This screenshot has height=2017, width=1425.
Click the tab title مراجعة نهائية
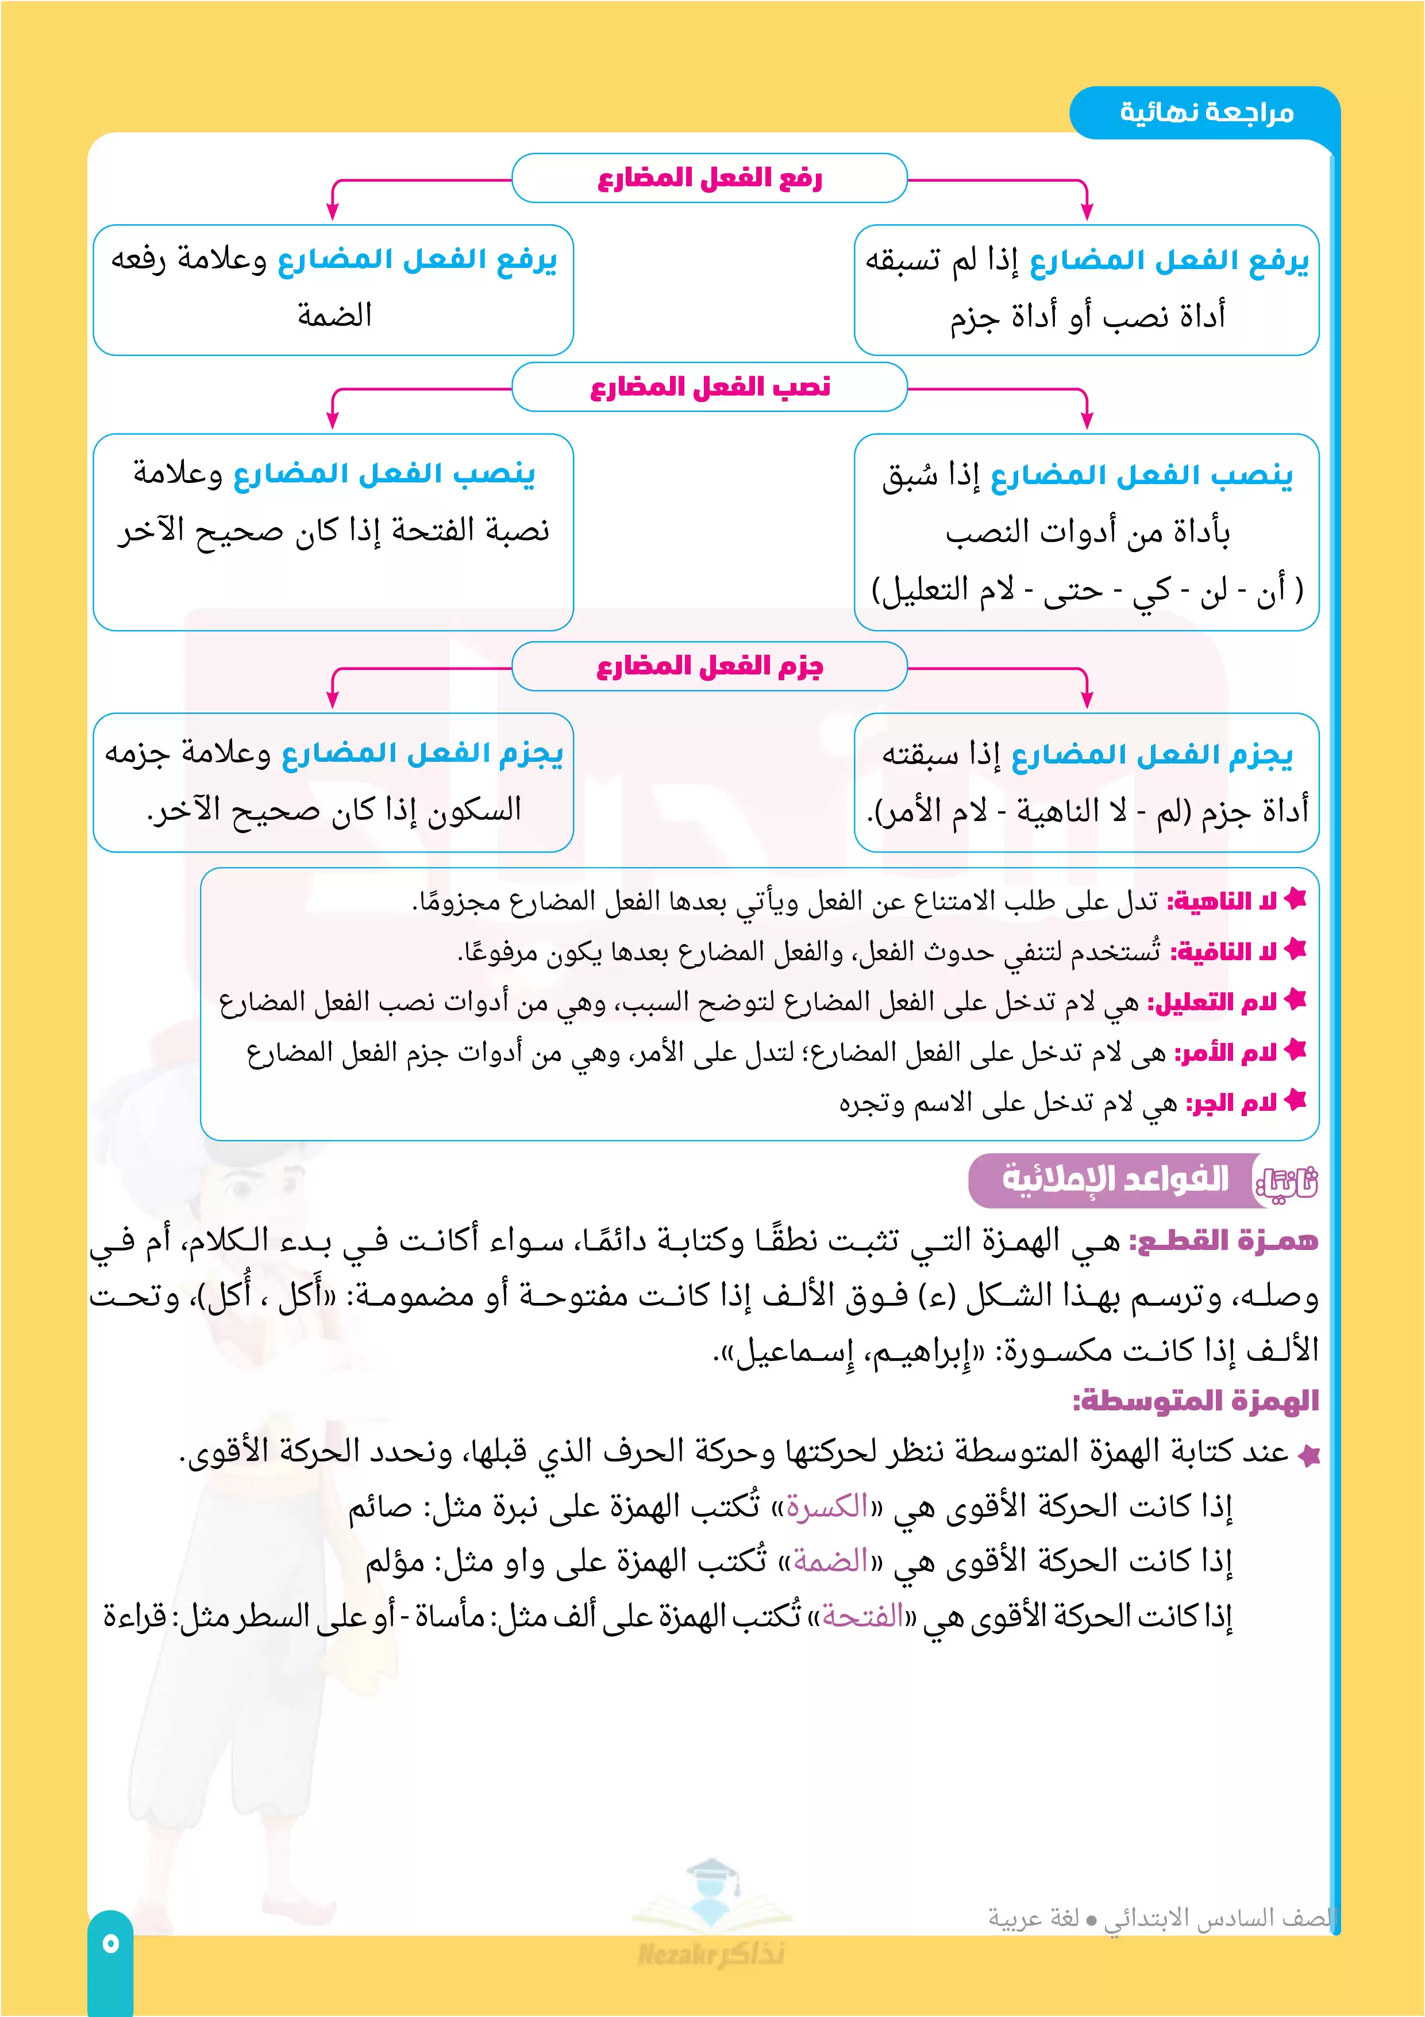(1207, 113)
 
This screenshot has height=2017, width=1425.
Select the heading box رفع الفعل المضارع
(710, 178)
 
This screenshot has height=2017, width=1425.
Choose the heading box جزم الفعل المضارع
(710, 666)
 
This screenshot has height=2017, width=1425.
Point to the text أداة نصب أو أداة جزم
(1087, 316)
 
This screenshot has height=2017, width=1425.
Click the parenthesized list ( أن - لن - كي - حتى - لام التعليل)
(1087, 590)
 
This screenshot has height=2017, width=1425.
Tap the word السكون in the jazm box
(474, 809)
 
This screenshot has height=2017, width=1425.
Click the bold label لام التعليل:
(1212, 1002)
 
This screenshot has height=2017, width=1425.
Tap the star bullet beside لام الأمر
(1295, 1050)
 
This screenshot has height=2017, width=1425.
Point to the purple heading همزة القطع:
(1223, 1240)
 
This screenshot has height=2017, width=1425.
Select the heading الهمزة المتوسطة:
(1196, 1400)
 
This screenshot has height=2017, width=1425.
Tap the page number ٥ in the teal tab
(110, 1942)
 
